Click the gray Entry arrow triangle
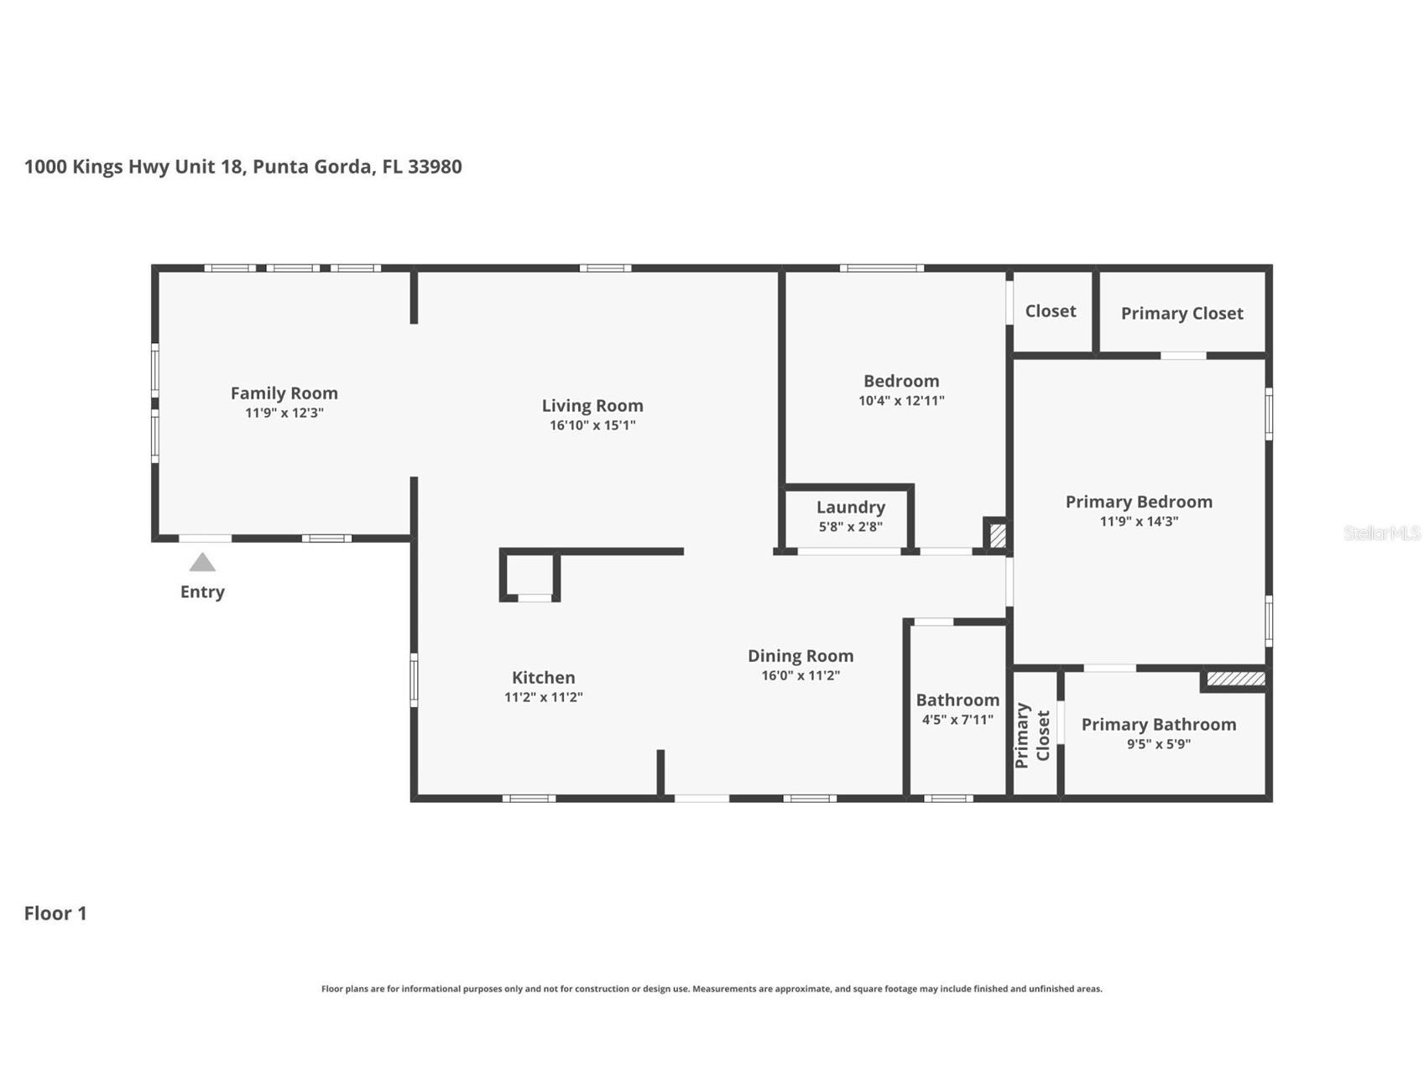pyautogui.click(x=202, y=562)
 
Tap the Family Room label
pyautogui.click(x=284, y=393)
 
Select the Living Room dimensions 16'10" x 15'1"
pyautogui.click(x=592, y=425)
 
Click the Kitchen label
pyautogui.click(x=544, y=677)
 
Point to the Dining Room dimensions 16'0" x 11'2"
pyautogui.click(x=801, y=675)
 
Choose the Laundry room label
pyautogui.click(x=851, y=507)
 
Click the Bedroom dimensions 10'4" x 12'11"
pyautogui.click(x=901, y=401)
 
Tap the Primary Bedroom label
pyautogui.click(x=1139, y=502)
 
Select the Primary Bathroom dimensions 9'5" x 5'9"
pyautogui.click(x=1159, y=744)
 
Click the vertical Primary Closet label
pyautogui.click(x=1032, y=736)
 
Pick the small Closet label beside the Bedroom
pyautogui.click(x=1051, y=311)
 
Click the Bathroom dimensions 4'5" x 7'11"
pyautogui.click(x=957, y=720)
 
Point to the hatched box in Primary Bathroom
pyautogui.click(x=1235, y=678)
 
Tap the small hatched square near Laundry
pyautogui.click(x=998, y=535)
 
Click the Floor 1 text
pyautogui.click(x=55, y=913)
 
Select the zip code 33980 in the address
pyautogui.click(x=435, y=166)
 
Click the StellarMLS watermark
pyautogui.click(x=1382, y=533)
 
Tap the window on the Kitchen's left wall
pyautogui.click(x=414, y=679)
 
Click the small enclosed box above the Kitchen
pyautogui.click(x=530, y=575)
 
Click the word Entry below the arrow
pyautogui.click(x=202, y=592)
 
